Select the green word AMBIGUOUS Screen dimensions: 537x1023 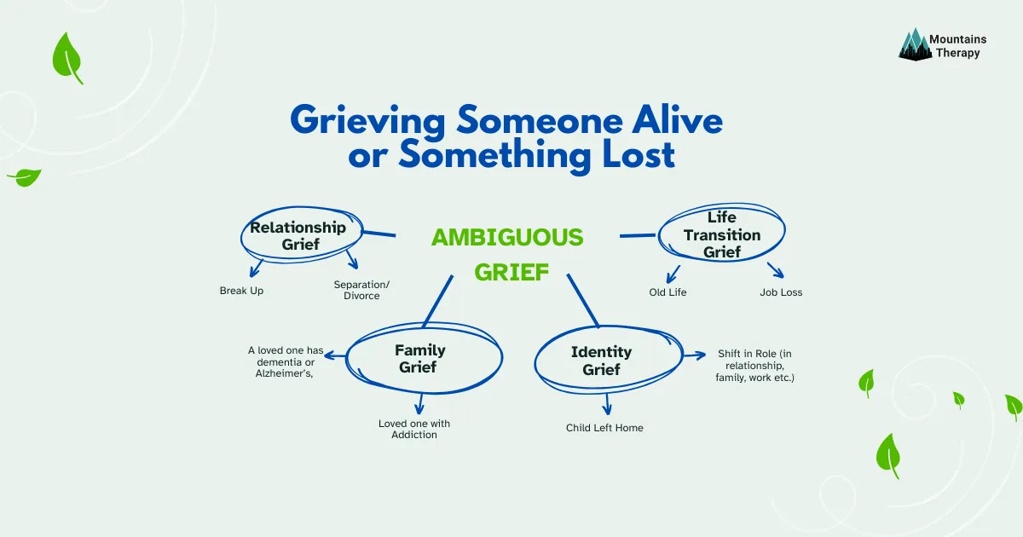tap(507, 237)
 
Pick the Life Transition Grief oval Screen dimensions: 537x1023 tap(721, 234)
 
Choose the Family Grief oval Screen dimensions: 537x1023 tap(419, 359)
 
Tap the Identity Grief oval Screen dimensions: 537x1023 tap(601, 361)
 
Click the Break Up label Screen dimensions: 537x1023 tap(241, 291)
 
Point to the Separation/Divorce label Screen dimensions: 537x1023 tap(356, 290)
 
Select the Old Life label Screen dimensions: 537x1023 tap(668, 292)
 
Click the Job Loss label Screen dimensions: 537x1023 tap(781, 292)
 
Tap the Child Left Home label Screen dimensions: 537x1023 tap(604, 427)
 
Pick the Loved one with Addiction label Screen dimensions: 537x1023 tap(414, 429)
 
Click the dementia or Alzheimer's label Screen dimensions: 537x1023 tap(286, 361)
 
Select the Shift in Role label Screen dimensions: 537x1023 tap(754, 365)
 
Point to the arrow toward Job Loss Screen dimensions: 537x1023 tap(775, 270)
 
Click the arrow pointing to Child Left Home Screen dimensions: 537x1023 tap(607, 402)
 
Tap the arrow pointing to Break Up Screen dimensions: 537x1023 tap(256, 268)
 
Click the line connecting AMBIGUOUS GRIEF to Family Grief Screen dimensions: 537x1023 tap(436, 303)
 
